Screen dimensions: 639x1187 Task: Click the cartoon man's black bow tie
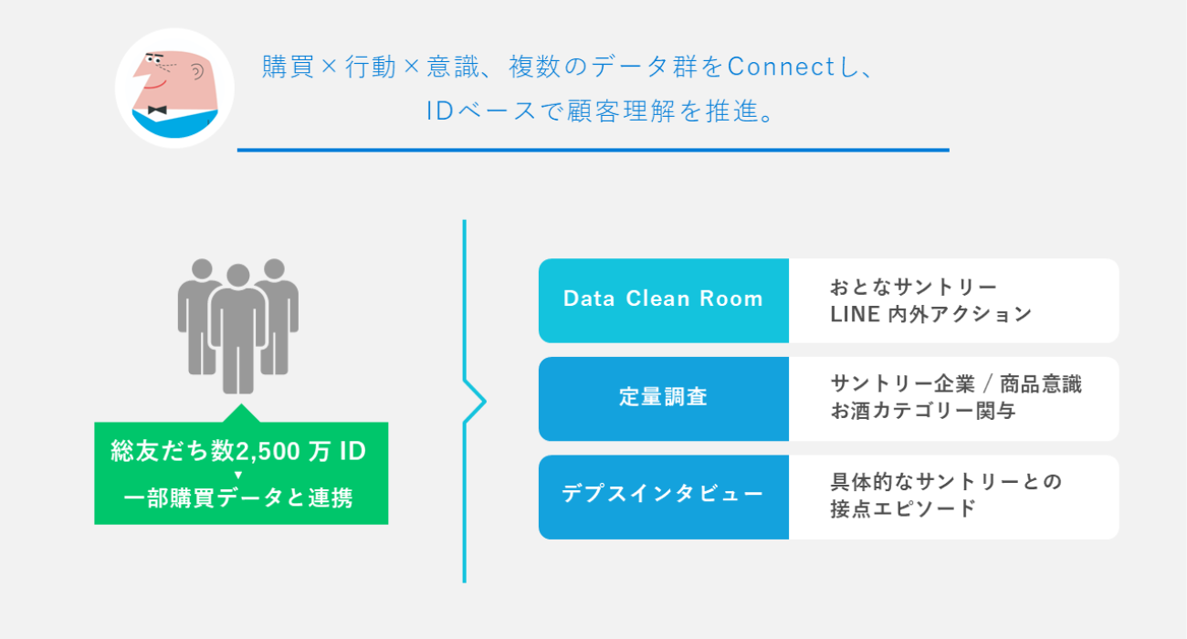156,110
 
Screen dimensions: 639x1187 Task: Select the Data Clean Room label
663,299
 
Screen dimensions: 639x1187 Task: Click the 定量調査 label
663,398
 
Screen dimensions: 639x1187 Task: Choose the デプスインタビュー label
663,496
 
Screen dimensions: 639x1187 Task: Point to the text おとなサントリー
913,287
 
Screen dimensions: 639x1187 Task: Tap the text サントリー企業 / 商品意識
955,384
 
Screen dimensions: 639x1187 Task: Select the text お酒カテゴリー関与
922,412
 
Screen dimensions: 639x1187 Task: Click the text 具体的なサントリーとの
946,482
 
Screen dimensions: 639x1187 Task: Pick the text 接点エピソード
903,509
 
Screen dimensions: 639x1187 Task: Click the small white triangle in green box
238,476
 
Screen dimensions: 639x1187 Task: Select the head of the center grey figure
238,275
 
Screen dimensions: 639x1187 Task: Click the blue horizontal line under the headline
593,150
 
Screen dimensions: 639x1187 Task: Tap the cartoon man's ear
196,75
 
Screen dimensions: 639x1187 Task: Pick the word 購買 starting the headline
284,68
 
